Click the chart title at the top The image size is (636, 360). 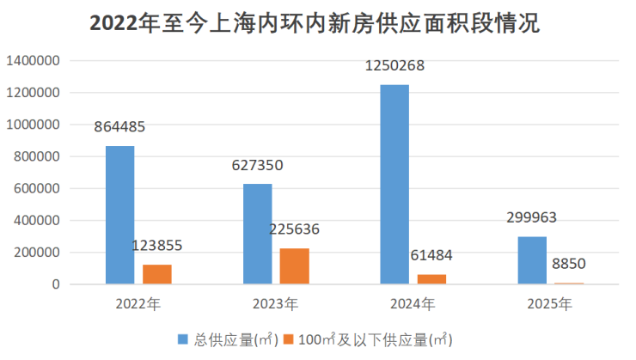click(315, 23)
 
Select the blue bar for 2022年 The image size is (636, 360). click(119, 215)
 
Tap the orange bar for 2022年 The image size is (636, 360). click(157, 274)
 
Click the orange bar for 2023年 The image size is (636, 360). click(294, 265)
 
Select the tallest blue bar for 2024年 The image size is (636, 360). click(394, 184)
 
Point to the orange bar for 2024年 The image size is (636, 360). click(431, 278)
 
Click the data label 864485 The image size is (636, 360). click(119, 127)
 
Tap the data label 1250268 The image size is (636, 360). click(394, 66)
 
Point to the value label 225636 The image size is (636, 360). click(295, 230)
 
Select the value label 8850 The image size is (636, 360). click(569, 264)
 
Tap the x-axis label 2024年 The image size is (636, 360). click(413, 303)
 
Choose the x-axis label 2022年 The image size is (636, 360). click(138, 303)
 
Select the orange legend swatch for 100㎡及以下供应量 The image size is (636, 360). click(290, 339)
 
